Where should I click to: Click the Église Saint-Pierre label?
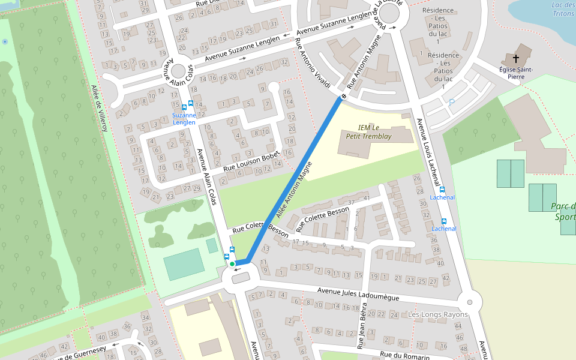[x=516, y=73]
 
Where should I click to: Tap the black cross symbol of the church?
[x=515, y=59]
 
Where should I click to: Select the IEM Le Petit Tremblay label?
[x=368, y=131]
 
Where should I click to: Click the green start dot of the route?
[x=232, y=263]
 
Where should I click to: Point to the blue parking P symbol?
[x=452, y=102]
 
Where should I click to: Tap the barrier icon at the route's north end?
[x=344, y=97]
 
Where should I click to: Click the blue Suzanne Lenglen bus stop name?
[x=184, y=118]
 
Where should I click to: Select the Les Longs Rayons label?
[x=437, y=314]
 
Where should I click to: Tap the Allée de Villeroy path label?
[x=100, y=108]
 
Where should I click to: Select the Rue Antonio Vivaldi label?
[x=312, y=63]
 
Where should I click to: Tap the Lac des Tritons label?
[x=563, y=9]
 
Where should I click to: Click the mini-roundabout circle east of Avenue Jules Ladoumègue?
[x=470, y=302]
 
